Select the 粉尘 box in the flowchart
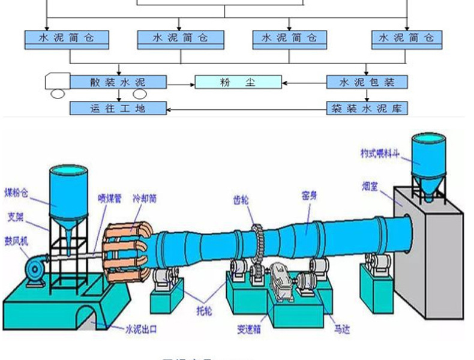tap(238, 82)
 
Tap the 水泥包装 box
tap(367, 82)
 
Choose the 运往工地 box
tap(117, 109)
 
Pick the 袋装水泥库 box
tap(367, 109)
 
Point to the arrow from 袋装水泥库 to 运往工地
tap(246, 109)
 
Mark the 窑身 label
tap(309, 195)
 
